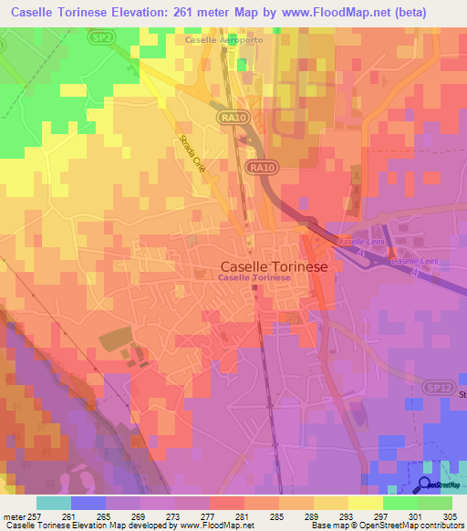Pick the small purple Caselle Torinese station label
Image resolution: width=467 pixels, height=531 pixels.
click(254, 277)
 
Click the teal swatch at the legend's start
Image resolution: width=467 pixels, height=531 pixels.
click(54, 503)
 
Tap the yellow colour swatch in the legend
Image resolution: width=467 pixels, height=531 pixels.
click(366, 503)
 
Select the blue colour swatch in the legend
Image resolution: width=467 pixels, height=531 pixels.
click(88, 503)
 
